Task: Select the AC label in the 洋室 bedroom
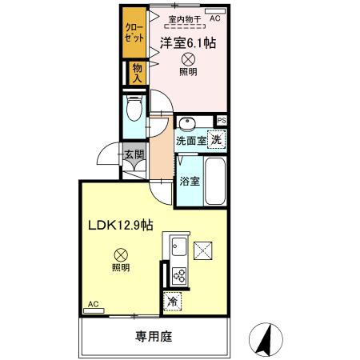[x=215, y=16]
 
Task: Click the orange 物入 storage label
[x=138, y=74]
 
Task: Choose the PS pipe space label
[x=221, y=121]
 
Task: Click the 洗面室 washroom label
[x=191, y=141]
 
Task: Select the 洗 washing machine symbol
[x=217, y=138]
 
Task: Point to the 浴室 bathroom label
[x=190, y=180]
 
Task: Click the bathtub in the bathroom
[x=216, y=181]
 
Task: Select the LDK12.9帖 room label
[x=121, y=227]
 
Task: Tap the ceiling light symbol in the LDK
[x=120, y=254]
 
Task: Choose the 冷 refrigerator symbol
[x=173, y=302]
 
